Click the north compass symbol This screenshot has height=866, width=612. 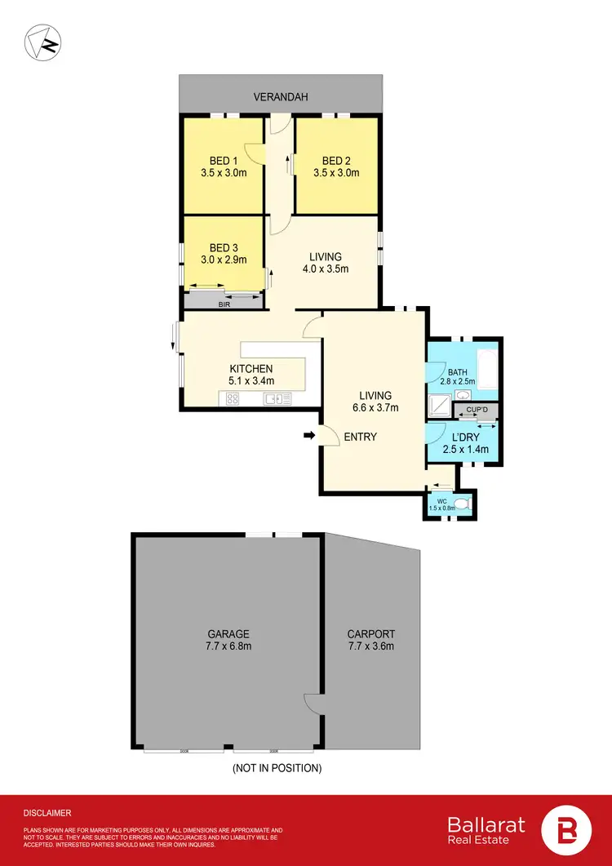pyautogui.click(x=42, y=42)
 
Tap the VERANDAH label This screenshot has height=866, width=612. pyautogui.click(x=281, y=97)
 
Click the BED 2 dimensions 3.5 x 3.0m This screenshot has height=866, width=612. pyautogui.click(x=336, y=172)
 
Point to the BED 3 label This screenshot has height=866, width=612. pyautogui.click(x=224, y=247)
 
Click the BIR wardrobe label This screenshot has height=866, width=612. pyautogui.click(x=224, y=304)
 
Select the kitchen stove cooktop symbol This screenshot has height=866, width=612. pyautogui.click(x=232, y=399)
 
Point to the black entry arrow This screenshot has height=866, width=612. pyautogui.click(x=309, y=436)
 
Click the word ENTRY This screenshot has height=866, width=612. pyautogui.click(x=360, y=437)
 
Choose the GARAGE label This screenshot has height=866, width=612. pyautogui.click(x=228, y=633)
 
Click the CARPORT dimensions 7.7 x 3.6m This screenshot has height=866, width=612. pyautogui.click(x=370, y=646)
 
